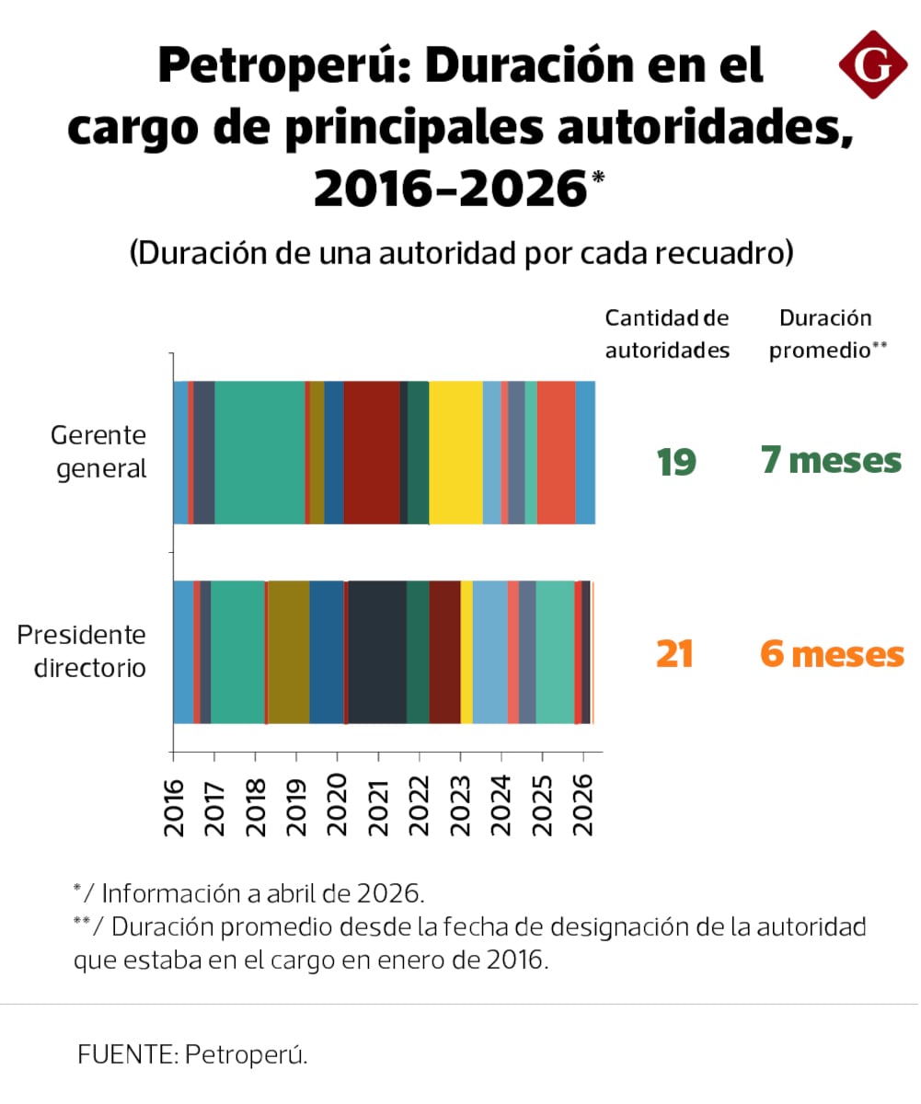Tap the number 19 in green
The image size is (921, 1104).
coord(675,461)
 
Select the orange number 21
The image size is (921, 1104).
coord(674,654)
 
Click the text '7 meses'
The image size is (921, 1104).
coord(831,460)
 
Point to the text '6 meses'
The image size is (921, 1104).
coord(832,654)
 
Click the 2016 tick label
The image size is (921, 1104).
coord(174,806)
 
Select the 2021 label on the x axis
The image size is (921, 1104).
coord(379,806)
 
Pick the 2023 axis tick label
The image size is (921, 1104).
coord(461,806)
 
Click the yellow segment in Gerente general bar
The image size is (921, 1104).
coord(455,452)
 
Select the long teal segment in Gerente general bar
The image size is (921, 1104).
coord(259,452)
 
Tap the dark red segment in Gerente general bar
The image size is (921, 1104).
coord(372,452)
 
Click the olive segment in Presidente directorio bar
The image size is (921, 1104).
coord(288,652)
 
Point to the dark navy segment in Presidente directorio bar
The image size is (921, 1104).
coord(376,652)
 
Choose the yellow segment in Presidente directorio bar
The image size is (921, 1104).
coord(466,652)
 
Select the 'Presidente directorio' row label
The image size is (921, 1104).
coord(82,650)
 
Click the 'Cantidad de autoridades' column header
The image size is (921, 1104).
coord(667,334)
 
